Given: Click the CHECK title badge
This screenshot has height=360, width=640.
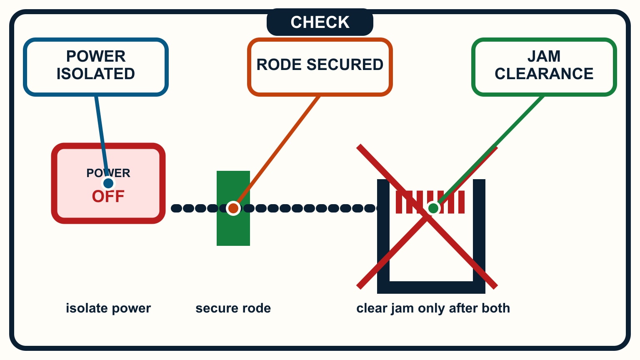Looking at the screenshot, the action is [x=320, y=22].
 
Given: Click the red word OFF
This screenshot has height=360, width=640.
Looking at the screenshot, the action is [x=108, y=197].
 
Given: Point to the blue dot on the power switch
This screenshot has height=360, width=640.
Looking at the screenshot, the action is [x=108, y=183].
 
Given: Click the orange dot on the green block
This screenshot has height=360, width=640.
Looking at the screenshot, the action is [x=233, y=208].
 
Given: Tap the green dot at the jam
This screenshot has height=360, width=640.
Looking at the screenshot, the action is [x=433, y=208].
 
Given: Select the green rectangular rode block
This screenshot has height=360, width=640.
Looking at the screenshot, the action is [x=233, y=208].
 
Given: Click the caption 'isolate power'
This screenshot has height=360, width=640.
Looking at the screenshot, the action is [x=108, y=308].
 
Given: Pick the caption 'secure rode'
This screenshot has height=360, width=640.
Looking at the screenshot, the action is [x=233, y=308].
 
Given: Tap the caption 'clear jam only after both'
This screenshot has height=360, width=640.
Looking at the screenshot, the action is [x=433, y=308].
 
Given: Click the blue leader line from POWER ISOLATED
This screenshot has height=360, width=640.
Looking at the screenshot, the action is [x=102, y=140].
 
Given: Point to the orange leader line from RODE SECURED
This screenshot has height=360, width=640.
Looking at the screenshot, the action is [x=276, y=152].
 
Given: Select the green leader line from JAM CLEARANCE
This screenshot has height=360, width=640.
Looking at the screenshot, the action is [x=488, y=152].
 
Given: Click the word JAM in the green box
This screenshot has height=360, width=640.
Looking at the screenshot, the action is [x=544, y=56].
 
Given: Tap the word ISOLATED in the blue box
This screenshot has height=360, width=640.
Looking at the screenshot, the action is [x=96, y=74].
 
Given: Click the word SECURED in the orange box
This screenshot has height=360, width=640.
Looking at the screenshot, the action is [x=345, y=64].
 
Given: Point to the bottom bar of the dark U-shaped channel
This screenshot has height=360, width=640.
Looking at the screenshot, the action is [x=431, y=287].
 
